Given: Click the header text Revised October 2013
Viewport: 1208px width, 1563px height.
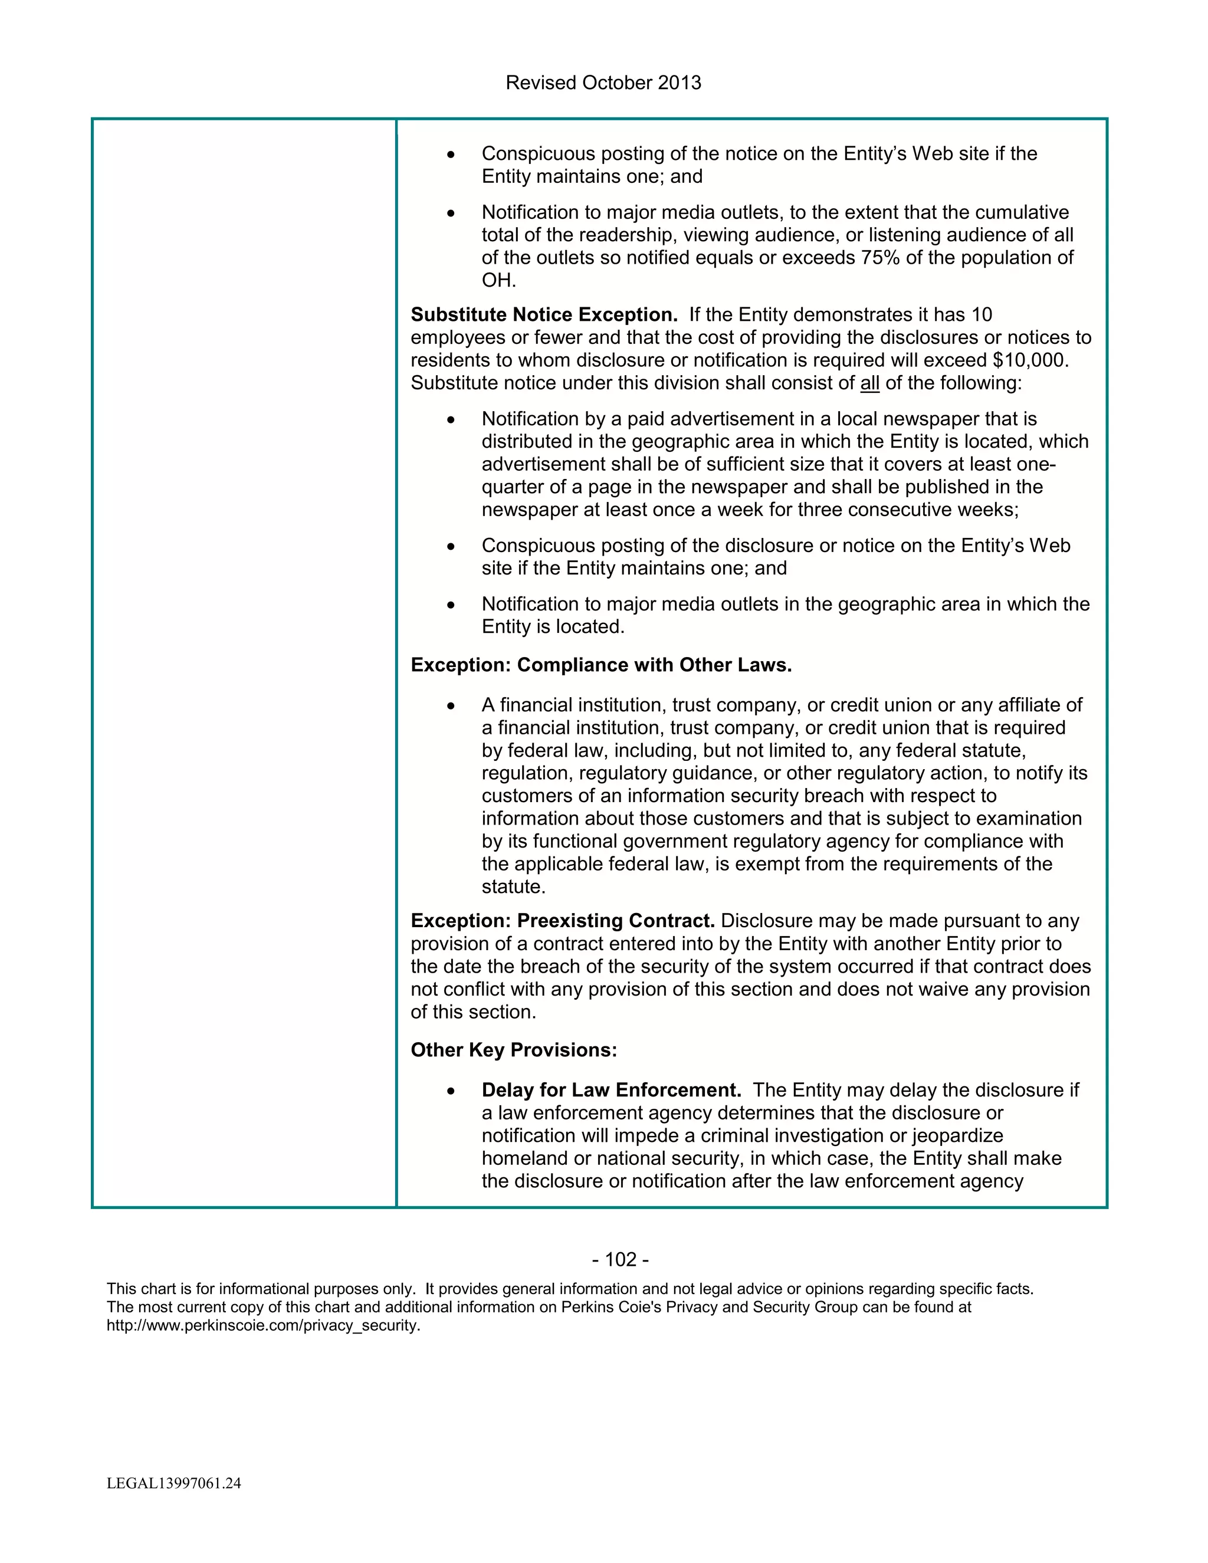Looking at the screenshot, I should (x=603, y=83).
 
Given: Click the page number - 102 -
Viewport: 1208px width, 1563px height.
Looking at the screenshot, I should (x=621, y=1259).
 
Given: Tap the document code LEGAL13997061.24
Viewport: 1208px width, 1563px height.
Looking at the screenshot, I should (x=174, y=1483).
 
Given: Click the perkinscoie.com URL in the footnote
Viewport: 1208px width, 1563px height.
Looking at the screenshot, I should (x=262, y=1325).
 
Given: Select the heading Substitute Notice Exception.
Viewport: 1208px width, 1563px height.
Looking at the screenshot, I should (x=544, y=315).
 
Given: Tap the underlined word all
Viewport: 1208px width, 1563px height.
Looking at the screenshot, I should (x=869, y=383).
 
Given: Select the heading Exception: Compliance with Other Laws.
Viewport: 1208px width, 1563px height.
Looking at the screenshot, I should (x=601, y=665).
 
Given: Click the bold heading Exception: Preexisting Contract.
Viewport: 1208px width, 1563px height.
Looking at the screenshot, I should (x=563, y=921).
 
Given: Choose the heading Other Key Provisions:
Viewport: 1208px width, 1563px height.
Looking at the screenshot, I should (x=513, y=1050).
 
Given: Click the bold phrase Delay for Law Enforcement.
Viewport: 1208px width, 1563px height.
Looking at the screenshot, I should (x=611, y=1090).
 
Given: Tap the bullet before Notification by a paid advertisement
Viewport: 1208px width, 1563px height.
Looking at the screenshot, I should (x=450, y=420).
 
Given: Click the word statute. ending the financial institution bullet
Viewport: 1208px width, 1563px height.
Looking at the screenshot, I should (x=513, y=886).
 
